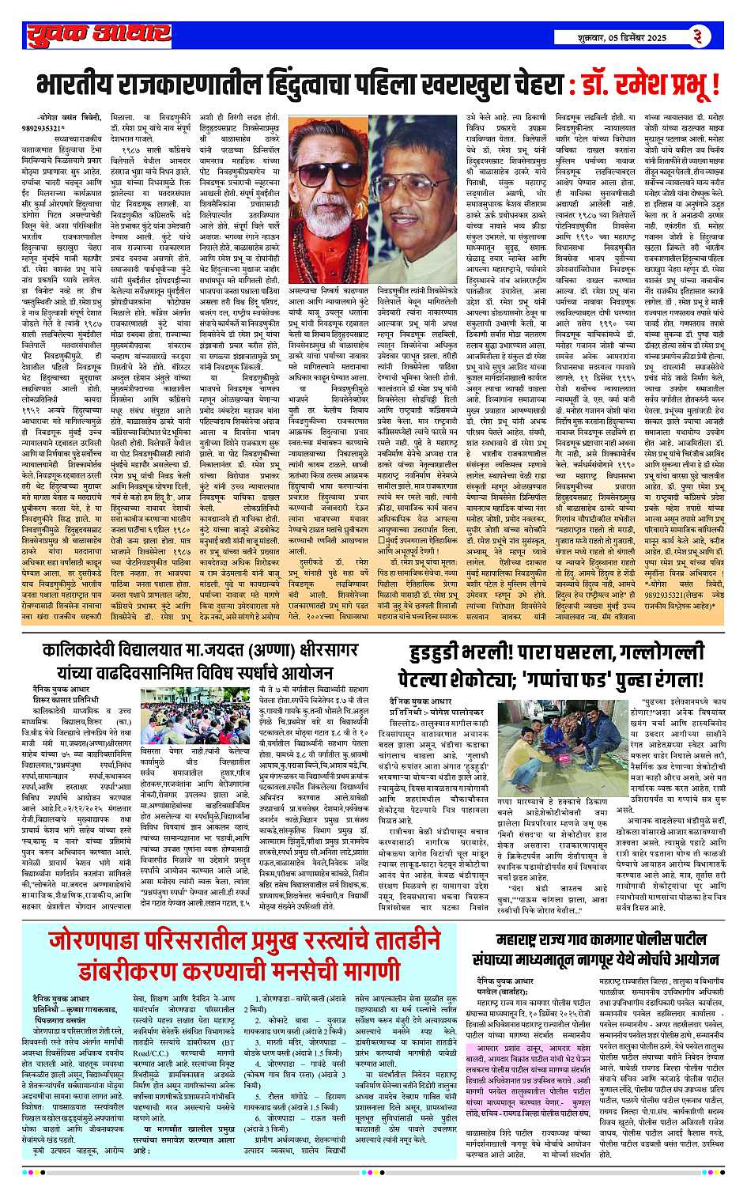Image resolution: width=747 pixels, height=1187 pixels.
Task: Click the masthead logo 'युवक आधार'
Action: pos(95,36)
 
